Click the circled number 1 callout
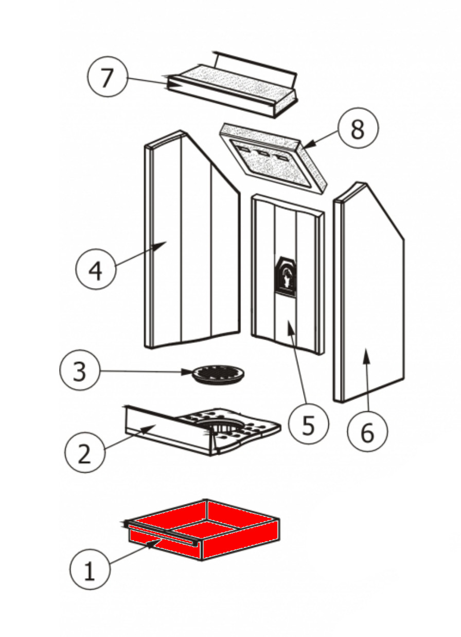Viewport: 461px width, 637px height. coord(89,571)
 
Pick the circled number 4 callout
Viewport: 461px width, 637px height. coord(96,270)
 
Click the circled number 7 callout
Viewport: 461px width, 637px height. coord(107,77)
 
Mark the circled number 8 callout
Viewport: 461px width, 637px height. coord(358,130)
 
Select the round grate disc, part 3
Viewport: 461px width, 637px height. coord(218,375)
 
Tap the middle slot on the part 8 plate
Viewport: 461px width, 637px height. coord(264,153)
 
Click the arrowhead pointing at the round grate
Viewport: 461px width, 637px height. coord(189,372)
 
